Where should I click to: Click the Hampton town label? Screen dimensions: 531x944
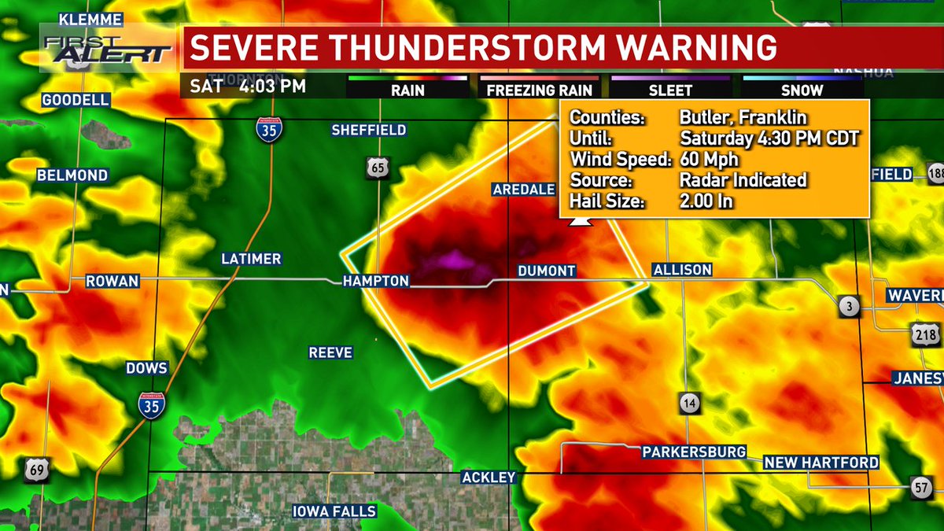[x=375, y=281]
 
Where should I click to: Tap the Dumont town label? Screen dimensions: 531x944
[x=547, y=271]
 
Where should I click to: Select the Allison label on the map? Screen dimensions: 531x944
[x=682, y=270]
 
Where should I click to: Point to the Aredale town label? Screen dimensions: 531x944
[x=524, y=189]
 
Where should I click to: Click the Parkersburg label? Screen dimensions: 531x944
[x=694, y=452]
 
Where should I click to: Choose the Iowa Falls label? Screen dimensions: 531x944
[x=334, y=511]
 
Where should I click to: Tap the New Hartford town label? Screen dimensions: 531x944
[x=821, y=463]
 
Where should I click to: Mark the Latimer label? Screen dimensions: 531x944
[x=251, y=259]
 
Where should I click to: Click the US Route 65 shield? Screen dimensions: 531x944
[x=377, y=167]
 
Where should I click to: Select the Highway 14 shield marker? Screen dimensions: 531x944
[x=690, y=404]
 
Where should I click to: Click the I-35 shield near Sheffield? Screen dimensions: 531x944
[x=269, y=131]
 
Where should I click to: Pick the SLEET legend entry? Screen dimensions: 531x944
[x=670, y=90]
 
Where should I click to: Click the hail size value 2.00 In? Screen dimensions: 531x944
[x=706, y=201]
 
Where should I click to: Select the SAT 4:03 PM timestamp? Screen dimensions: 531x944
[x=243, y=85]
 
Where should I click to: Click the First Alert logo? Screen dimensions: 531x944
[x=108, y=49]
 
